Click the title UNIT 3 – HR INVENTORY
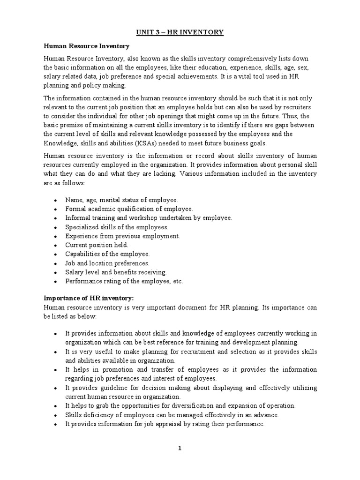click(x=180, y=32)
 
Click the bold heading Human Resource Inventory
click(x=86, y=46)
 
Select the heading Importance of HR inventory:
click(x=89, y=298)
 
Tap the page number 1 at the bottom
click(x=180, y=448)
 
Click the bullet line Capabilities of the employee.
click(x=107, y=254)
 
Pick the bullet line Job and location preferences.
click(x=107, y=263)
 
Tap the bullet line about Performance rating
click(x=124, y=281)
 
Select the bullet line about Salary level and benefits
click(x=116, y=272)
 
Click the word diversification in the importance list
click(x=205, y=405)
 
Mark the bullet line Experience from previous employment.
click(x=122, y=236)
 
